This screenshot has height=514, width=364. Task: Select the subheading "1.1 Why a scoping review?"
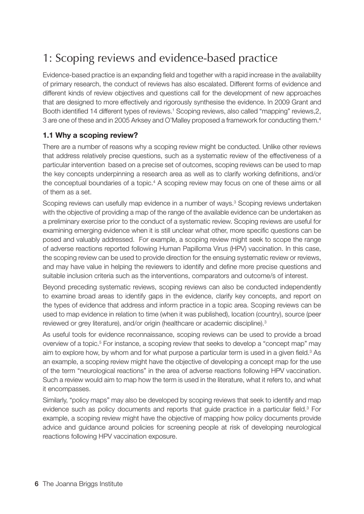coord(90,135)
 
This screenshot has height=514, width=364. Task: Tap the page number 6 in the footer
coord(36,484)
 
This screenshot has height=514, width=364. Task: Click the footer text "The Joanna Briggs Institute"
coord(82,484)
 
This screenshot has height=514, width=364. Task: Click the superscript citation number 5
coord(100,342)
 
